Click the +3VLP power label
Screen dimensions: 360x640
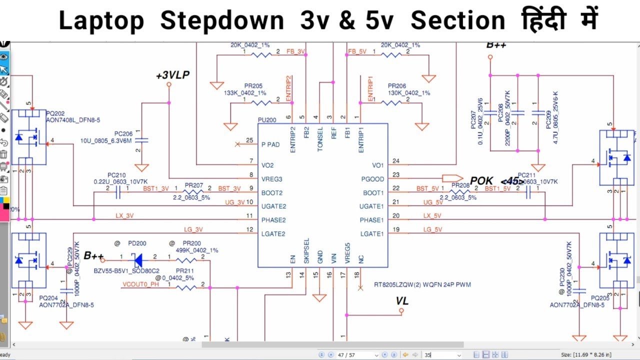point(172,75)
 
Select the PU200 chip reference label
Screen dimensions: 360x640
point(266,120)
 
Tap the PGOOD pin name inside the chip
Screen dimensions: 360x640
point(372,178)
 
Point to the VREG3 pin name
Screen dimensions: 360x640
point(272,179)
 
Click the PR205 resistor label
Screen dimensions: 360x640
point(253,86)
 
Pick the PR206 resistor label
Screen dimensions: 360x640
point(396,86)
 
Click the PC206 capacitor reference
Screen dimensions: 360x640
point(123,134)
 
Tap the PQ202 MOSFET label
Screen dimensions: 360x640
point(54,114)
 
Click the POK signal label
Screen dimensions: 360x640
point(481,180)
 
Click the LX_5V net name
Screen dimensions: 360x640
point(433,215)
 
